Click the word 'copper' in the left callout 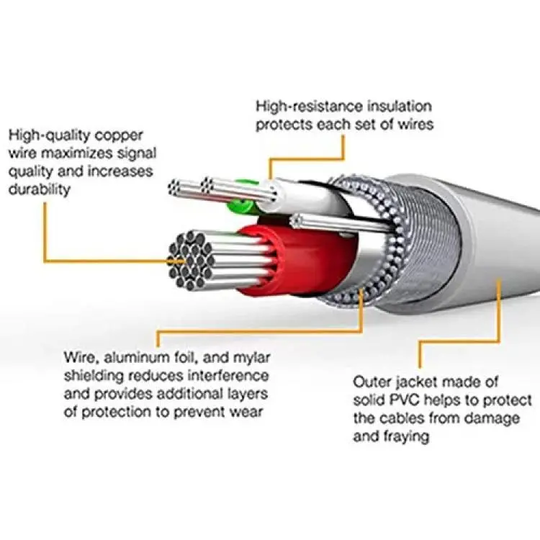point(119,136)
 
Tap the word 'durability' point(40,189)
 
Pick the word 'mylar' point(251,359)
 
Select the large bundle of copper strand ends point(190,261)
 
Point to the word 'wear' point(248,413)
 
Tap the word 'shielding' point(94,377)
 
